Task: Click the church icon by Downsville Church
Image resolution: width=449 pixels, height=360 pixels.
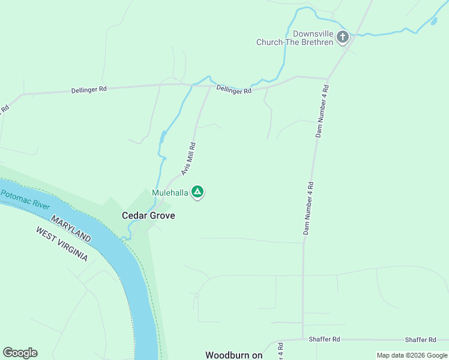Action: point(342,37)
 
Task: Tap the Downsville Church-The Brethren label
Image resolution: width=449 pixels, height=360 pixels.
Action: point(295,38)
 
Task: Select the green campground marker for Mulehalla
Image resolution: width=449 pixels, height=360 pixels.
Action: point(197,193)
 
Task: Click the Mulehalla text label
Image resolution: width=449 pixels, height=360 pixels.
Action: point(170,193)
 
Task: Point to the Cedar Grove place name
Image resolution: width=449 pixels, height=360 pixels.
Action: point(148,215)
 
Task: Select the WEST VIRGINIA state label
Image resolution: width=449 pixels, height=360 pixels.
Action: point(61,244)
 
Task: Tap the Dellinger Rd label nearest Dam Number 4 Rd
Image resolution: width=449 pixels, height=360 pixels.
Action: point(234,90)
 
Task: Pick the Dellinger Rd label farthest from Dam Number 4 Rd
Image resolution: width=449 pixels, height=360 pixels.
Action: point(89,89)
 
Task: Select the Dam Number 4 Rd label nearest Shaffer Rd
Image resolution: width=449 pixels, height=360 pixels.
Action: point(307,208)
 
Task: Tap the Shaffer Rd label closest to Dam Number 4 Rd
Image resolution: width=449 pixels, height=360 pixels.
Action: point(324,339)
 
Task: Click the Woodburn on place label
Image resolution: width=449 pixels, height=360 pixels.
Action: point(234,355)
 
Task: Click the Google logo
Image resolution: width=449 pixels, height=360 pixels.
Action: point(20,353)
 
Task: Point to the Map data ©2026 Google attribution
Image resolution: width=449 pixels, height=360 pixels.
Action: point(411,355)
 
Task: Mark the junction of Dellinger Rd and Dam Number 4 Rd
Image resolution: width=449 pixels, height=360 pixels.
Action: point(327,79)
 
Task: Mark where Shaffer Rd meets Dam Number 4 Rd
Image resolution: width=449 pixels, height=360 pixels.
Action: point(303,339)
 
